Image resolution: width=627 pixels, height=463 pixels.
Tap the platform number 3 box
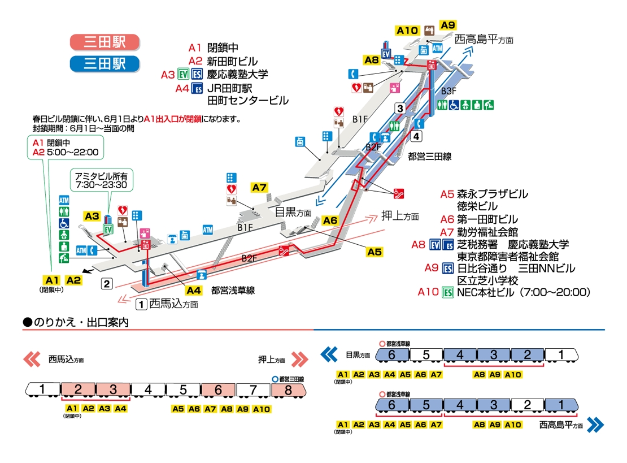pyautogui.click(x=400, y=109)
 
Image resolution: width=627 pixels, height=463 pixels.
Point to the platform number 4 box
pyautogui.click(x=416, y=136)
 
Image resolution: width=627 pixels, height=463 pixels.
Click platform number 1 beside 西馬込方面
pyautogui.click(x=142, y=304)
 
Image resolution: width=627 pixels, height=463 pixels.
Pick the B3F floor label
pyautogui.click(x=449, y=91)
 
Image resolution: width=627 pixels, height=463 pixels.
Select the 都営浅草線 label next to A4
pyautogui.click(x=233, y=291)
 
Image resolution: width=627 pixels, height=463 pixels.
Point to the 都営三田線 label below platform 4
pyautogui.click(x=429, y=158)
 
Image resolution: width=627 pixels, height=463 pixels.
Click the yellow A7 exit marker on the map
pyautogui.click(x=260, y=188)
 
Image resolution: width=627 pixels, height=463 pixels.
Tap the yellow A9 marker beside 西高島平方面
pyautogui.click(x=448, y=25)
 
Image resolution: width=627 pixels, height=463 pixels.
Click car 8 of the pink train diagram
pyautogui.click(x=289, y=390)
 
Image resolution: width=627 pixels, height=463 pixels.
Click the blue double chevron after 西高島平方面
pyautogui.click(x=595, y=424)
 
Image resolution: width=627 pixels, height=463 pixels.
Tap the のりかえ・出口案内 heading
pyautogui.click(x=76, y=323)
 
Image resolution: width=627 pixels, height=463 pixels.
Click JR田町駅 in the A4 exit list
pyautogui.click(x=228, y=89)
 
